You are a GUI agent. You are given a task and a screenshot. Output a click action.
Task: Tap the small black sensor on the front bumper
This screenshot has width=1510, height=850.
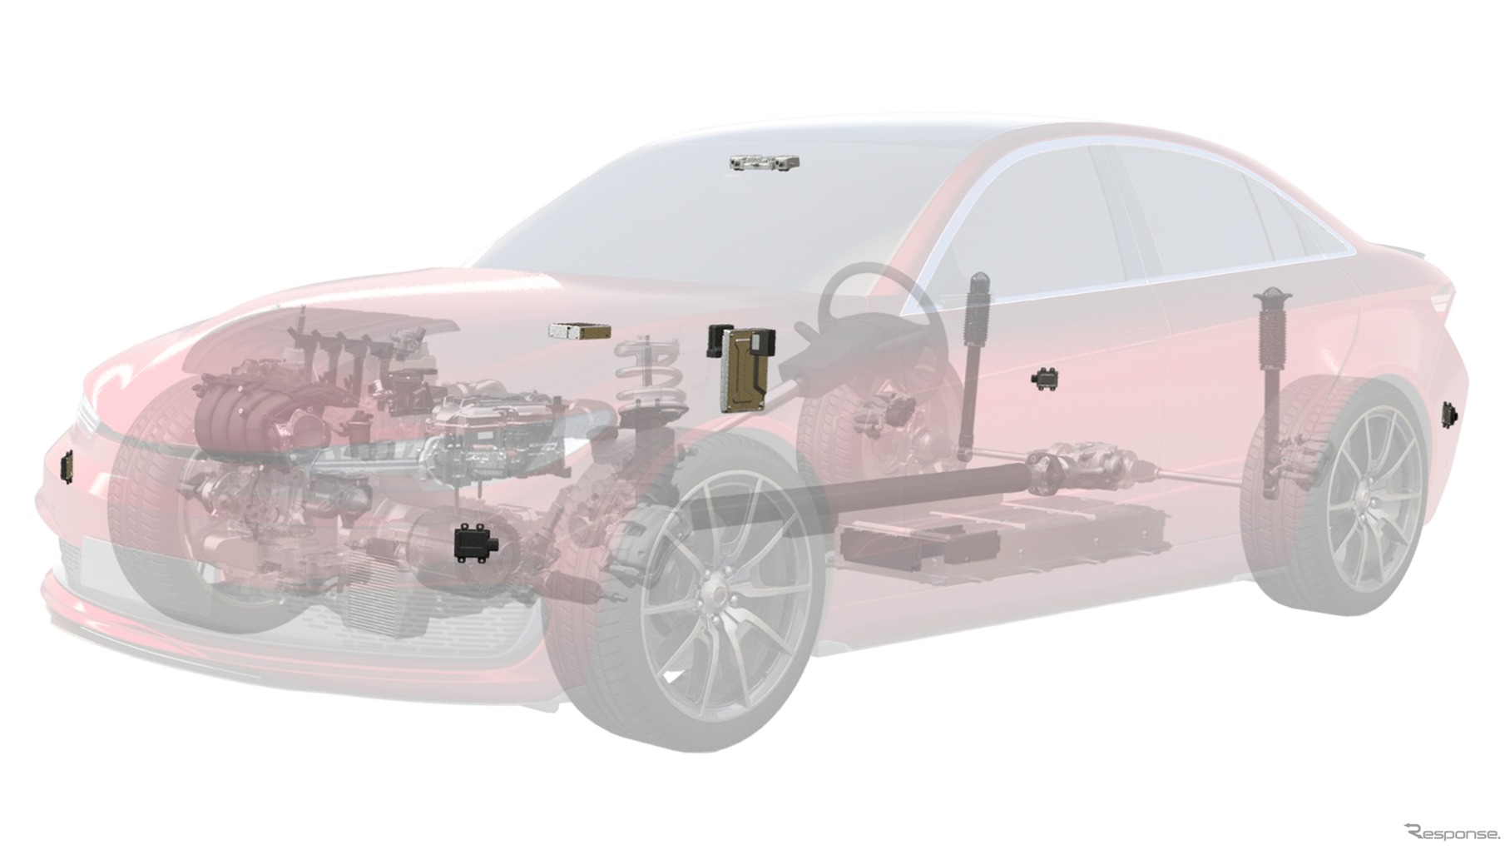coord(67,467)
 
